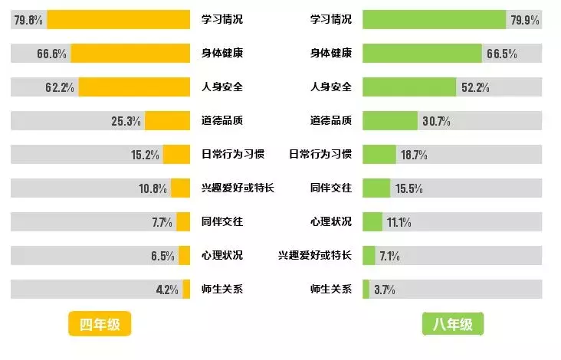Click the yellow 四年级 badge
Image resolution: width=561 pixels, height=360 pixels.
click(100, 324)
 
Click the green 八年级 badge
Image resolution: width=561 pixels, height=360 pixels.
click(453, 324)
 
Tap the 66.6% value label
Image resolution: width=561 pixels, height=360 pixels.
click(52, 54)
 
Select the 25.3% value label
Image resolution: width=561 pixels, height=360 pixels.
click(126, 121)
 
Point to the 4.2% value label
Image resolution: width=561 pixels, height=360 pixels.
click(166, 290)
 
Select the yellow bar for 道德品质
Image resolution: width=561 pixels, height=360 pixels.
click(167, 121)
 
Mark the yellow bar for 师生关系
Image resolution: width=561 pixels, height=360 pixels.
click(185, 290)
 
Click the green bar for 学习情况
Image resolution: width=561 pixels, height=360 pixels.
click(434, 20)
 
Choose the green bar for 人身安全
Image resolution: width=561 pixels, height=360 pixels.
click(409, 87)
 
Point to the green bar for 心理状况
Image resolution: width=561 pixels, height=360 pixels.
click(372, 222)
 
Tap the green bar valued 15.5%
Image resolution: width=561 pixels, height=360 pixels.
click(376, 188)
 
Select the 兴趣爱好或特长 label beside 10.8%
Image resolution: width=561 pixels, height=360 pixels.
click(238, 188)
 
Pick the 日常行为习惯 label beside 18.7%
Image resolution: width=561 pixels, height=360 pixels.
click(320, 155)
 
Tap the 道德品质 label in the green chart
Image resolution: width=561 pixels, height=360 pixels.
click(330, 121)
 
